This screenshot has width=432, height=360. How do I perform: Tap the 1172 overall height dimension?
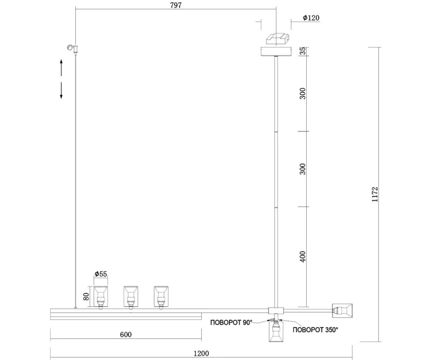pyautogui.click(x=375, y=195)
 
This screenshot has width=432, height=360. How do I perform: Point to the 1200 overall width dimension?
pyautogui.click(x=201, y=353)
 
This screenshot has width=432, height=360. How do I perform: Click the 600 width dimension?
pyautogui.click(x=125, y=335)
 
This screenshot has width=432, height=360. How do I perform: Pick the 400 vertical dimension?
pyautogui.click(x=302, y=256)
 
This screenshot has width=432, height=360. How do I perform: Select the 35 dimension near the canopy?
pyautogui.click(x=302, y=51)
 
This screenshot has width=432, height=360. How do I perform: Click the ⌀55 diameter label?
pyautogui.click(x=101, y=274)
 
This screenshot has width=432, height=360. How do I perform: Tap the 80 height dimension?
pyautogui.click(x=86, y=296)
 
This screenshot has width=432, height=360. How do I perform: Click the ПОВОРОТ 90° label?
pyautogui.click(x=231, y=323)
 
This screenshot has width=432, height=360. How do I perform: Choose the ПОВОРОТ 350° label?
pyautogui.click(x=315, y=330)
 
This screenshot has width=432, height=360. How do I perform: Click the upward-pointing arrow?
pyautogui.click(x=62, y=67)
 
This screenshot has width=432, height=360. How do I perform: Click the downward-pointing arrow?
pyautogui.click(x=62, y=90)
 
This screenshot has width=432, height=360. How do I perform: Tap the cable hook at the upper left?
pyautogui.click(x=73, y=48)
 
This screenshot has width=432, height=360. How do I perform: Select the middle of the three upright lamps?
pyautogui.click(x=131, y=296)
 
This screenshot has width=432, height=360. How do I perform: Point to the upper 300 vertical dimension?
pyautogui.click(x=302, y=94)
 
